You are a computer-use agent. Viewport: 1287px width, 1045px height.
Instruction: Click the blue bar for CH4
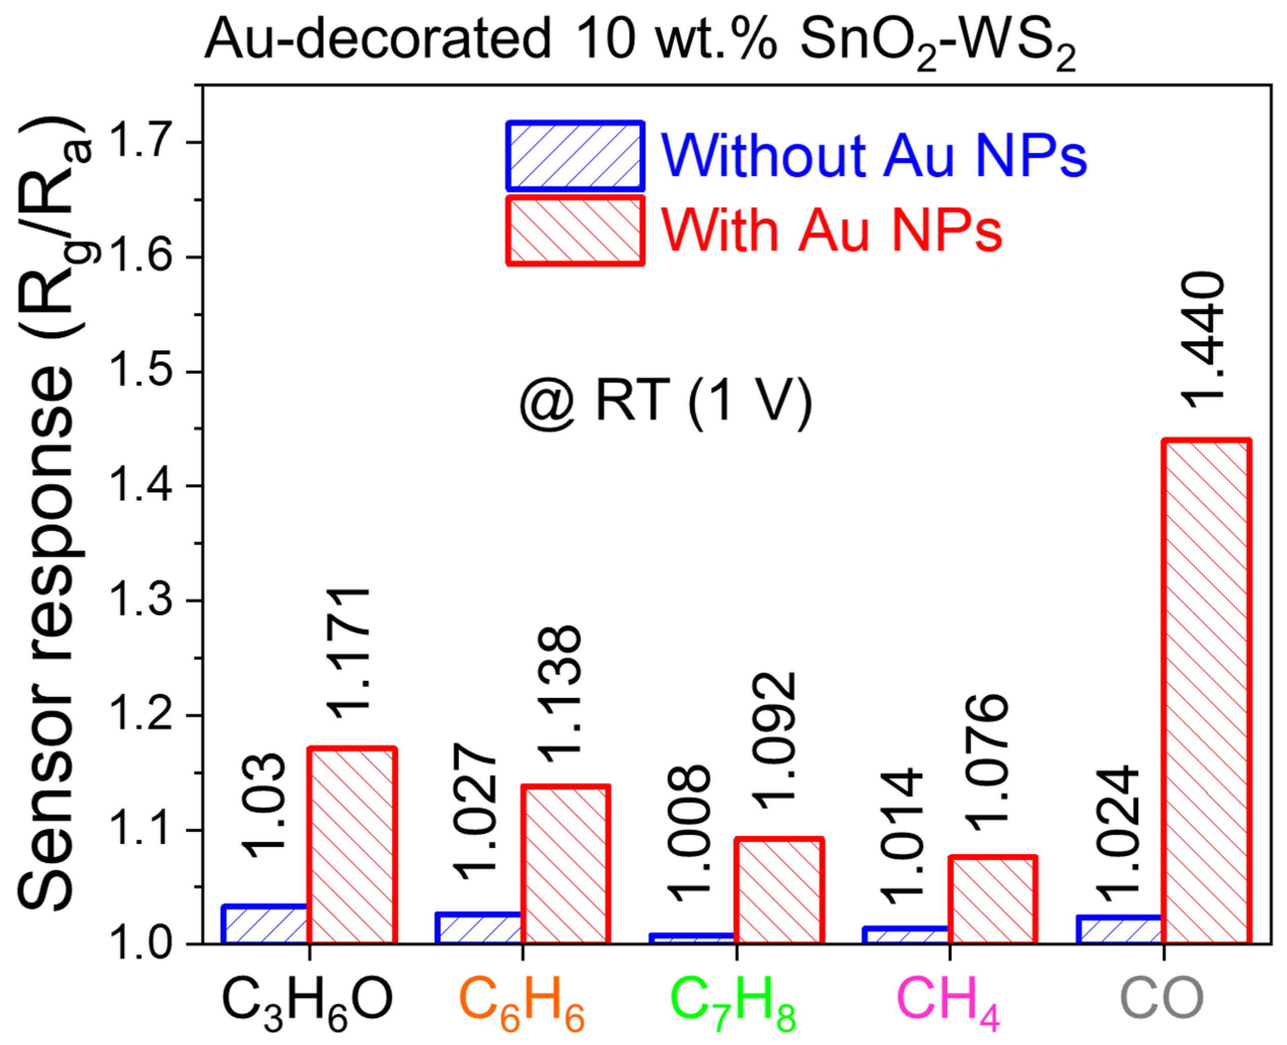(906, 935)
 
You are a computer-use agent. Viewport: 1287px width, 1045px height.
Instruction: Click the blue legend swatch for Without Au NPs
(575, 156)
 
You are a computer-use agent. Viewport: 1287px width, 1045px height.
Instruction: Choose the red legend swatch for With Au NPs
(575, 230)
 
